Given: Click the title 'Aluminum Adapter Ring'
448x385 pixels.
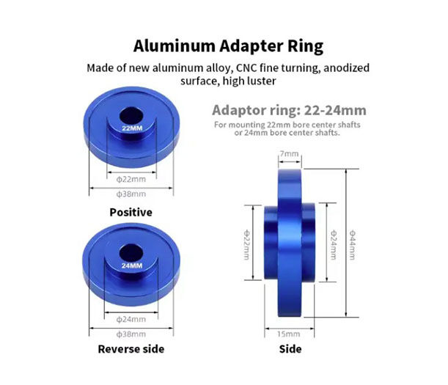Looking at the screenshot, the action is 228,46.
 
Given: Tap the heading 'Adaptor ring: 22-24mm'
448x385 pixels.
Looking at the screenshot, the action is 289,110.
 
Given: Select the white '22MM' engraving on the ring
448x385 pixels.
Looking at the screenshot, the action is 132,128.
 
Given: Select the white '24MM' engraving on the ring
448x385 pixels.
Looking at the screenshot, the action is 132,265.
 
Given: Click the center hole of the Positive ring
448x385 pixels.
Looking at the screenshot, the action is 131,116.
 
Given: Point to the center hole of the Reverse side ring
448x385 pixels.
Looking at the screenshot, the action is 131,253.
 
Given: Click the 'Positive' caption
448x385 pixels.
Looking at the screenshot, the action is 131,213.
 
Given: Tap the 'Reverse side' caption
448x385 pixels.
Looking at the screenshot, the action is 131,349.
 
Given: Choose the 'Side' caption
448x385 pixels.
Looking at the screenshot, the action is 290,349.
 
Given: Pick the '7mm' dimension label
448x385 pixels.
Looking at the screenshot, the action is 289,154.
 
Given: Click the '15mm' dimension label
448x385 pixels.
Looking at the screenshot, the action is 289,334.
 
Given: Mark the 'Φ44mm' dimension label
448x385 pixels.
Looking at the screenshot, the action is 353,245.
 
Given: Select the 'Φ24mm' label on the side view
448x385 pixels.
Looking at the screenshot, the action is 334,245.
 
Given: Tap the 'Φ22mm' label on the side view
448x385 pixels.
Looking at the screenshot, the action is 246,245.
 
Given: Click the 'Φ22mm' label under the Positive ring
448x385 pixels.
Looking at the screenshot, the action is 131,180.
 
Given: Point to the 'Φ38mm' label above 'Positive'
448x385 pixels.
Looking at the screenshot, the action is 131,194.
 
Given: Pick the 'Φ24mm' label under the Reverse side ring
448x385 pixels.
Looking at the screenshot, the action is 131,319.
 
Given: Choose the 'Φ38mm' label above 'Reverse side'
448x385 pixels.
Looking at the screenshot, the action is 131,334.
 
